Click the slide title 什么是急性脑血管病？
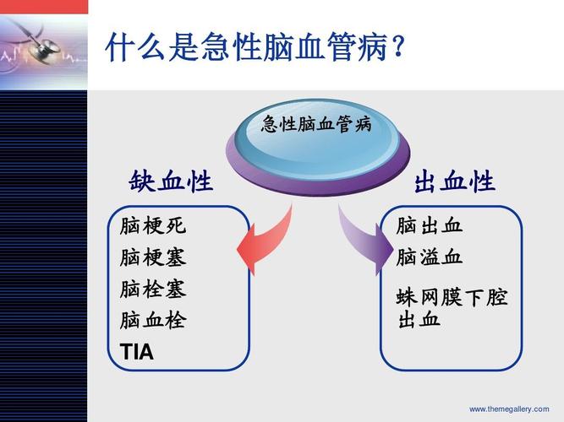tap(254, 48)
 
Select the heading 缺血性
tap(171, 182)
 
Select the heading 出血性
tap(454, 182)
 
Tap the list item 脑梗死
tap(152, 226)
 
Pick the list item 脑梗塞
tap(152, 257)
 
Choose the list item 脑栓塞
tap(152, 289)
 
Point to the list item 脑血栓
tap(152, 321)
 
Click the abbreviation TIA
tap(137, 352)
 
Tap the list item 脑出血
tap(430, 226)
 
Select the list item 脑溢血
tap(430, 257)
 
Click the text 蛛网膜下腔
tap(452, 299)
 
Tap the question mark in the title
tap(394, 48)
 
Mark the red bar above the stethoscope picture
tap(43, 6)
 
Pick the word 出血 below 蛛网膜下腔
tap(419, 321)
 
